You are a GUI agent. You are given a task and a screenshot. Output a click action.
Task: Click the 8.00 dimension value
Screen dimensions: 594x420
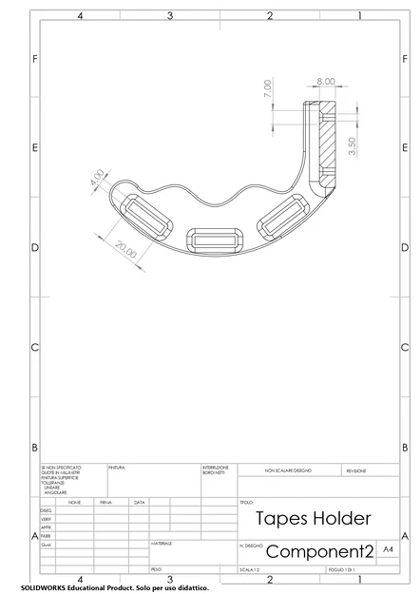tap(326, 82)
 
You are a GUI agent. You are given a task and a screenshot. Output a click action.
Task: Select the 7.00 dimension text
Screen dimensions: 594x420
tap(268, 88)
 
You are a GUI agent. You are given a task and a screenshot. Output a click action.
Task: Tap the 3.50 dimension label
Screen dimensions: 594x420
tap(353, 147)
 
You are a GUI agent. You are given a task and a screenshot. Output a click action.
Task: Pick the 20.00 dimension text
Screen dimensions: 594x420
tap(125, 251)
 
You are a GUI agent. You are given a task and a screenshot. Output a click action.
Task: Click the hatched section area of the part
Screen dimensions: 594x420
tap(328, 143)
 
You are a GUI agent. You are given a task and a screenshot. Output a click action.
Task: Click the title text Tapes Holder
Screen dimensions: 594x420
tap(314, 519)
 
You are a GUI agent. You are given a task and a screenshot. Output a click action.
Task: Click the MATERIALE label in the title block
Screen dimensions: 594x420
tap(163, 543)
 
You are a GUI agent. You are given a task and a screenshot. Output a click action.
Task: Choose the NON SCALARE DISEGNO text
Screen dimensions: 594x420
tap(287, 470)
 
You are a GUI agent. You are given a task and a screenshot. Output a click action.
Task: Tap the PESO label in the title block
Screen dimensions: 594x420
tap(157, 569)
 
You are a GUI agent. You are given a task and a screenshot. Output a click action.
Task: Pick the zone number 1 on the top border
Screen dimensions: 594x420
tap(358, 16)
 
